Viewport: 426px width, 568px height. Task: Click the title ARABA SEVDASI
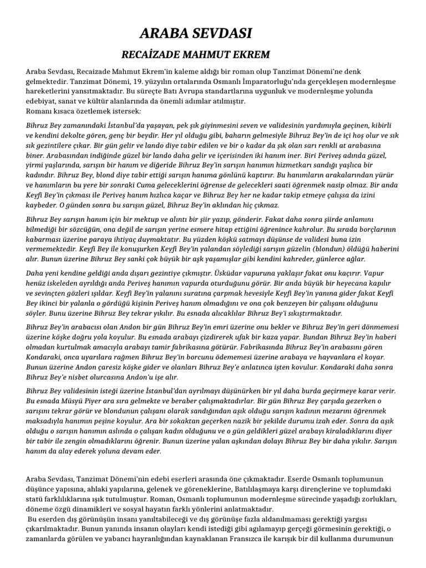[x=195, y=34]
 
